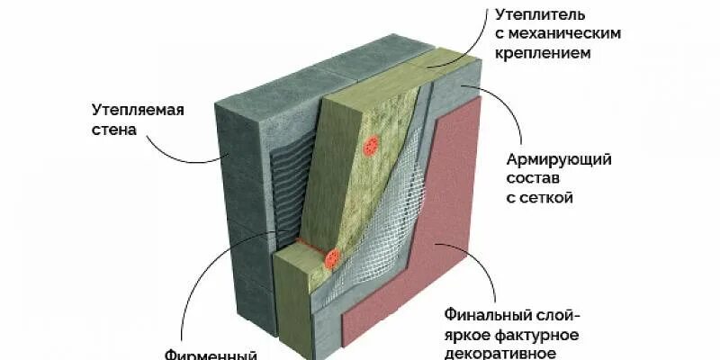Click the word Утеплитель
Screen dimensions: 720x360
point(540,15)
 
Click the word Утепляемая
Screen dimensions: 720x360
point(138,111)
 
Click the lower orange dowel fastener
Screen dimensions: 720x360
point(332,259)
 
